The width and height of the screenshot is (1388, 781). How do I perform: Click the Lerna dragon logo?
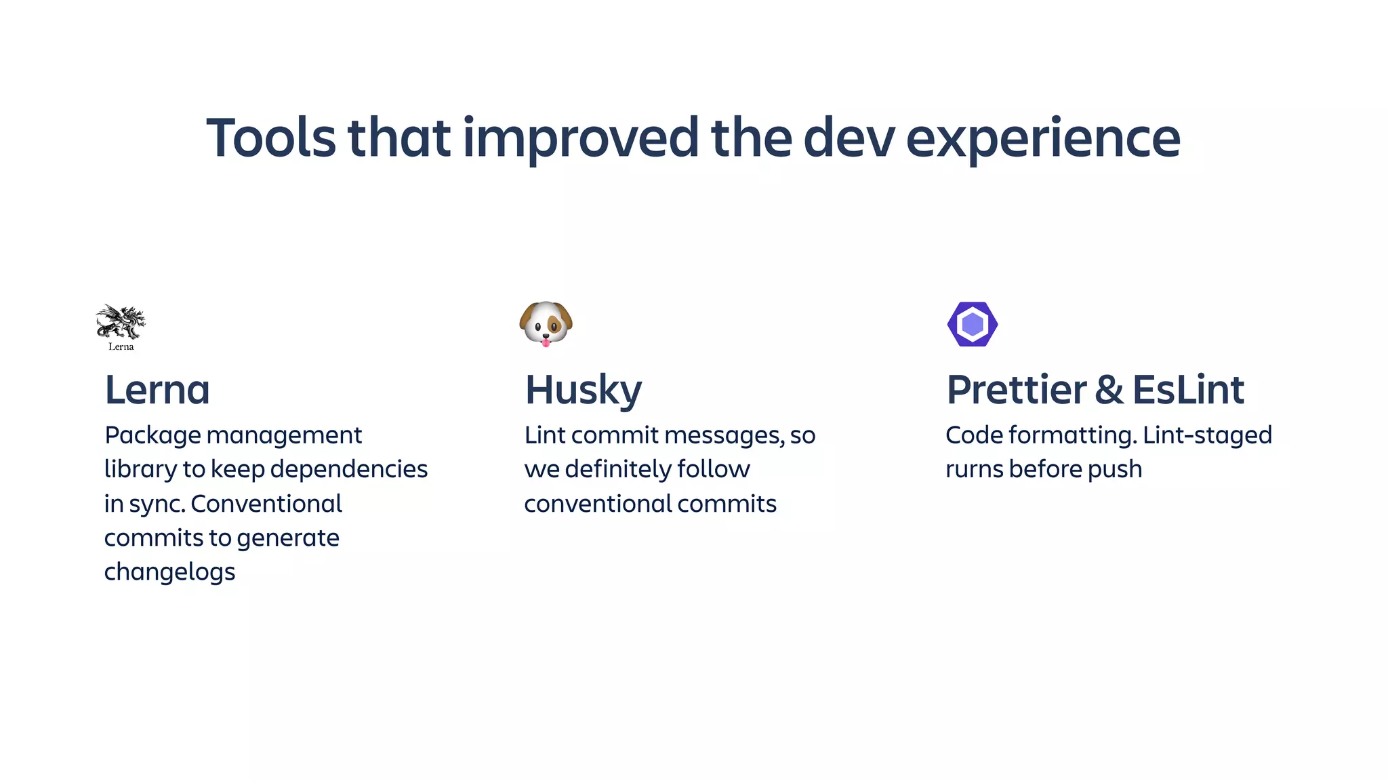121,323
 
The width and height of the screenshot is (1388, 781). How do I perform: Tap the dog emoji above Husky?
546,323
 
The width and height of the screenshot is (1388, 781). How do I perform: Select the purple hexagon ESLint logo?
972,324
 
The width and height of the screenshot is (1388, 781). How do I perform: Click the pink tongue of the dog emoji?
546,342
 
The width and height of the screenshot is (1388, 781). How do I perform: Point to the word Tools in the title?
270,138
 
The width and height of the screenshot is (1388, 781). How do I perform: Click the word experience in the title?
1043,139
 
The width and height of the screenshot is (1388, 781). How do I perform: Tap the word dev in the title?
849,138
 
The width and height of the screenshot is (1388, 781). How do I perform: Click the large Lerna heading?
157,390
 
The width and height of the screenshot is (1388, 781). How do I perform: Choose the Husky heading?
584,391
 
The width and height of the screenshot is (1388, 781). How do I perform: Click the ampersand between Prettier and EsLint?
1109,390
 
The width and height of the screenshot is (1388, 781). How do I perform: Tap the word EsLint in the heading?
1188,390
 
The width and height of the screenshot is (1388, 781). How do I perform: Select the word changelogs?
169,572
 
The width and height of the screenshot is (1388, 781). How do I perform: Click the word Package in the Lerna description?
153,435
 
